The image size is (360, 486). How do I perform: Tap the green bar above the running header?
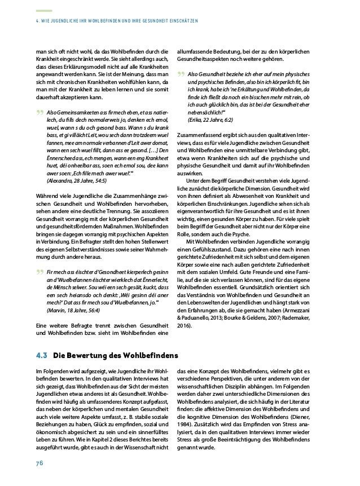pos(43,11)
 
